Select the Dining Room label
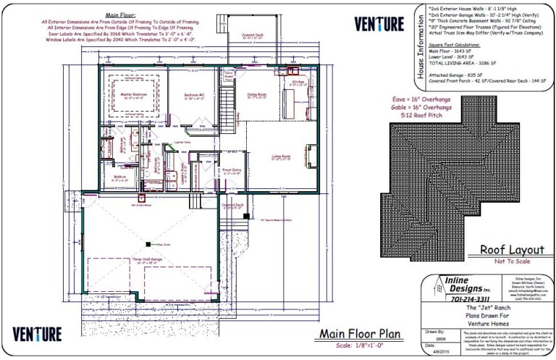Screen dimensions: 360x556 (257, 94)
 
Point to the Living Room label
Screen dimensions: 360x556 (281, 156)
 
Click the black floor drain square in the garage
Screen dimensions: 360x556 (148, 244)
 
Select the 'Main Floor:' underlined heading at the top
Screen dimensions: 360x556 (122, 14)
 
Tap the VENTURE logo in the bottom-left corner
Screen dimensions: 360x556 (36, 333)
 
